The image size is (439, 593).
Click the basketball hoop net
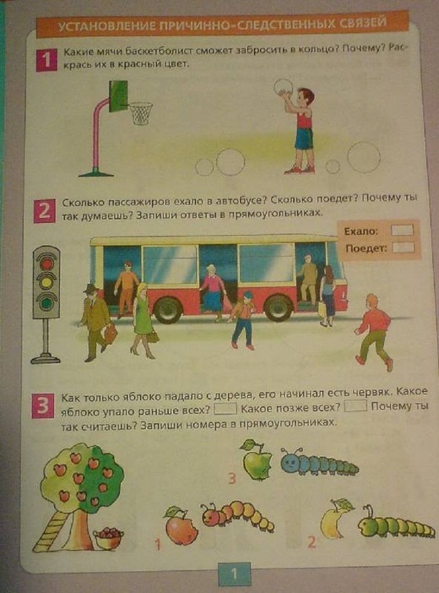click(141, 113)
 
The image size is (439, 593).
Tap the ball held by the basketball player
click(283, 87)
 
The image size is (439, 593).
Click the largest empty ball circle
click(364, 157)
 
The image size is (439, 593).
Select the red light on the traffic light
click(46, 263)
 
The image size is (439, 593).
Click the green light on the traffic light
click(46, 302)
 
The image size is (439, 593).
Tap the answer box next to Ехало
click(402, 230)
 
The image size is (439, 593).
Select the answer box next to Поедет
click(404, 248)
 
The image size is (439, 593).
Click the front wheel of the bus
click(279, 308)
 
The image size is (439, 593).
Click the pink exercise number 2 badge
click(44, 211)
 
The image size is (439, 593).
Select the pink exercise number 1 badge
click(46, 61)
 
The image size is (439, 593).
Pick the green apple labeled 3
click(257, 460)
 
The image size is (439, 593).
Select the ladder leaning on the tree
click(51, 531)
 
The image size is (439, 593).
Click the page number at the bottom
click(234, 574)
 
